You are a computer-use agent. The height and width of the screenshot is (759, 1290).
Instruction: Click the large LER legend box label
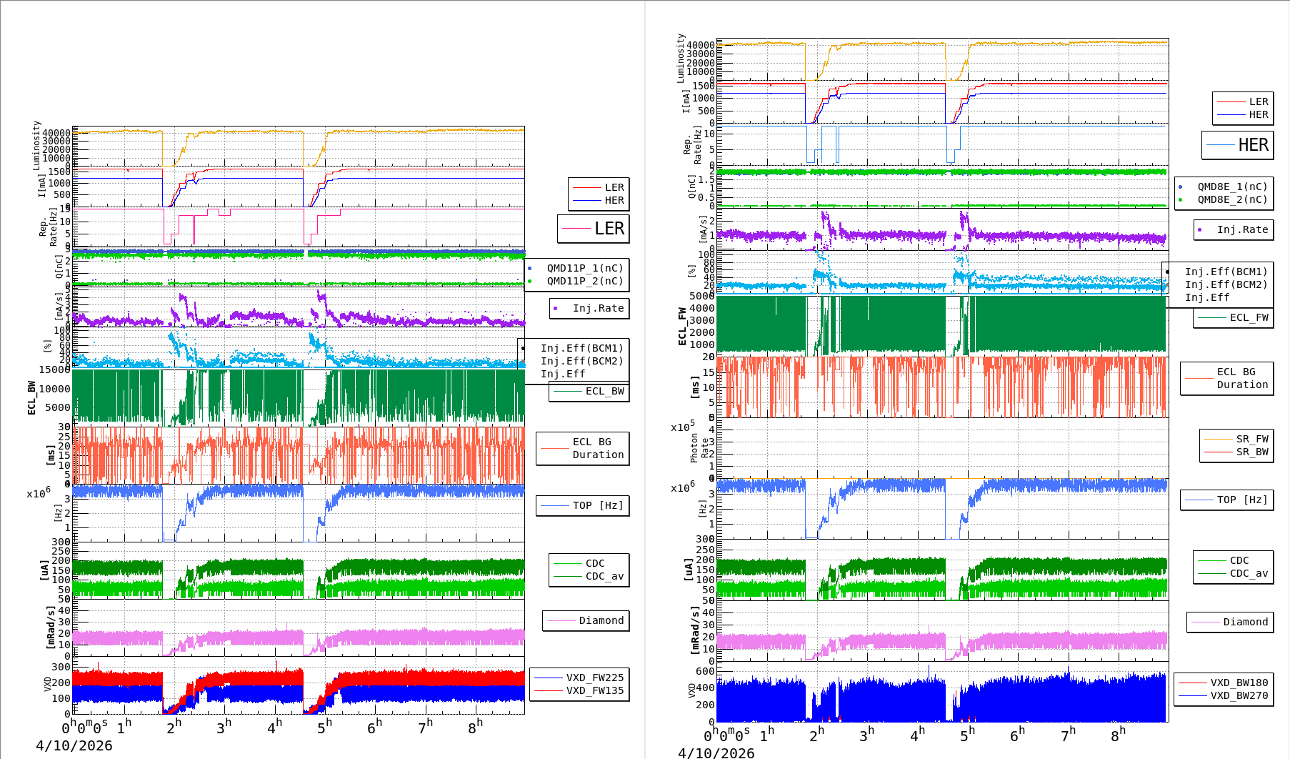[x=609, y=229]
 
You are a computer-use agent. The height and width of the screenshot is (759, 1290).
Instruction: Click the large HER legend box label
[x=1253, y=145]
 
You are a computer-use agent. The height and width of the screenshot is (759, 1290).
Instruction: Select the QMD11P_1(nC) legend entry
[x=584, y=268]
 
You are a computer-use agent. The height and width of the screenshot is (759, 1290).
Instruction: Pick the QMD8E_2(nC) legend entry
[x=1232, y=199]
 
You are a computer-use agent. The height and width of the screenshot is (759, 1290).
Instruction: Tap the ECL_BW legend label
[x=604, y=391]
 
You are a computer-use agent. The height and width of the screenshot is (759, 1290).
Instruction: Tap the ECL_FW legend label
[x=1249, y=317]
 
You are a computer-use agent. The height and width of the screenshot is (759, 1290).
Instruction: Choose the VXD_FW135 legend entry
[x=594, y=690]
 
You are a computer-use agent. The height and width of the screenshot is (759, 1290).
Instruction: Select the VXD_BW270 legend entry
[x=1239, y=695]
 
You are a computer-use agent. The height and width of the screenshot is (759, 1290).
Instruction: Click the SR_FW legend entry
[x=1251, y=439]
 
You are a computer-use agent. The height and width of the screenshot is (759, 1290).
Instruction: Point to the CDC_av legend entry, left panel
[x=604, y=576]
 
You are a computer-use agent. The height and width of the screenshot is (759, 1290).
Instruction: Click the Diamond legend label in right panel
[x=1245, y=622]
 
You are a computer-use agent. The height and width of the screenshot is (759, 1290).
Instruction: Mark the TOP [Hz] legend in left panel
[x=597, y=505]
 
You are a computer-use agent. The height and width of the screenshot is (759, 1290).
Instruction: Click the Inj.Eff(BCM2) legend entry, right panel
[x=1226, y=284]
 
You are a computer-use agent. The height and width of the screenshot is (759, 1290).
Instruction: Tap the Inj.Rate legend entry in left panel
[x=598, y=308]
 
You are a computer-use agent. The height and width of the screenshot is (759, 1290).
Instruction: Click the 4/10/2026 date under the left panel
[x=74, y=745]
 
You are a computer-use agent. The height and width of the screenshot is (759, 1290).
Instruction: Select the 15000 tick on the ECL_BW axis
[x=54, y=369]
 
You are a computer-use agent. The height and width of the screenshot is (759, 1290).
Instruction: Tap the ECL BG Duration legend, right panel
[x=1241, y=378]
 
